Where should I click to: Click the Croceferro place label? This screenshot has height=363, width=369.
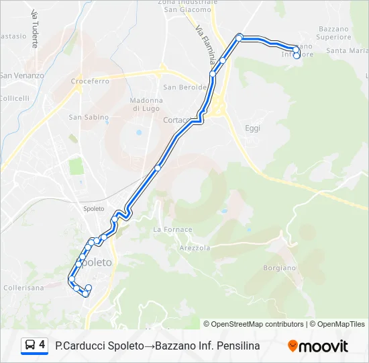90,81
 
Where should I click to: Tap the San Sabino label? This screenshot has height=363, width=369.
89,117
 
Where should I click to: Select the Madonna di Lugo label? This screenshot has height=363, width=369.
146,104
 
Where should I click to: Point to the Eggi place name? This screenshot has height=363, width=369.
252,127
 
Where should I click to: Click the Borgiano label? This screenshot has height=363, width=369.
279,268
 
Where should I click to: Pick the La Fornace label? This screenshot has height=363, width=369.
172,229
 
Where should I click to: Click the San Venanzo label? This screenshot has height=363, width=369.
21,75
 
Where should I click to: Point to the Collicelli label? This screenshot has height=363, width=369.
15,98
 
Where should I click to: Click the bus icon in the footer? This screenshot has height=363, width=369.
30,346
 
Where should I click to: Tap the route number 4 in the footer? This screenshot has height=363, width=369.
42,345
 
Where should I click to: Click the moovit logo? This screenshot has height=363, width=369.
318,346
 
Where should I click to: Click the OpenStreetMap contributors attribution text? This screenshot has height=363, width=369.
254,324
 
